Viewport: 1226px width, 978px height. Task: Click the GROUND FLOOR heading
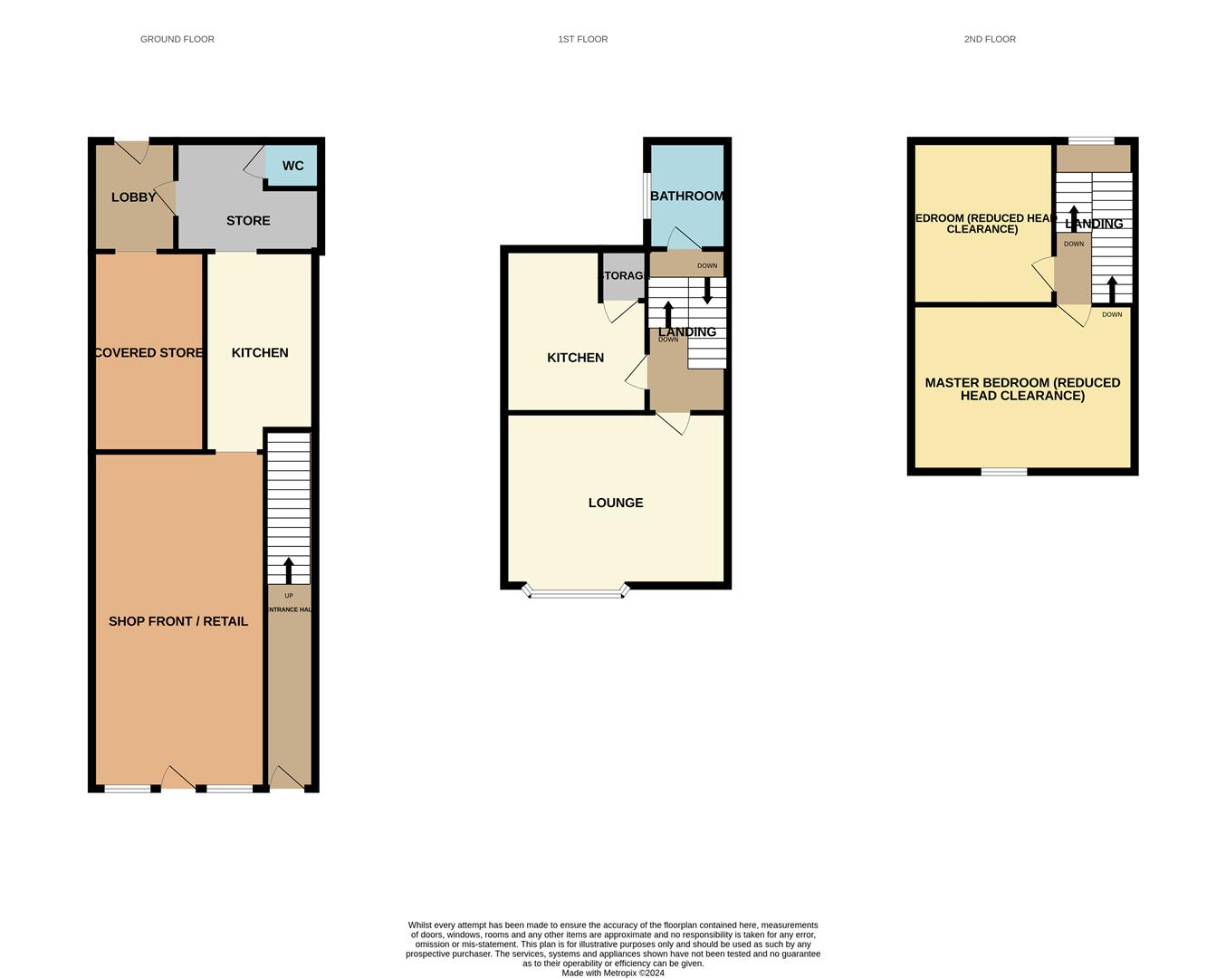[x=177, y=39]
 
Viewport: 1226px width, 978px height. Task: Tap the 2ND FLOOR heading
[x=989, y=39]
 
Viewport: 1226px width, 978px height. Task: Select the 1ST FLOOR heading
[x=582, y=39]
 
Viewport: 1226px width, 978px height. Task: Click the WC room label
[x=292, y=166]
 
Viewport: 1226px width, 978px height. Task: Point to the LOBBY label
[x=133, y=197]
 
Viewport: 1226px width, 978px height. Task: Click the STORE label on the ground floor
[x=248, y=221]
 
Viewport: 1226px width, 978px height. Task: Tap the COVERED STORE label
[x=148, y=352]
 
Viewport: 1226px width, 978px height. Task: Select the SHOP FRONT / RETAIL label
[x=178, y=621]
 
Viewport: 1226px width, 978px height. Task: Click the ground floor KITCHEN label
[x=260, y=352]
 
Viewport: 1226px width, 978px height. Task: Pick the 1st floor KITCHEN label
[x=575, y=358]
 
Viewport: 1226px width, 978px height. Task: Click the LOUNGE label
[x=616, y=503]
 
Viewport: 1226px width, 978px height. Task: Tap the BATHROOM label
[x=686, y=196]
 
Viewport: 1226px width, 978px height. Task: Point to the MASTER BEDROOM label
[x=1022, y=388]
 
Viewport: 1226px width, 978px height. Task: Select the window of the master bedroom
[x=1004, y=471]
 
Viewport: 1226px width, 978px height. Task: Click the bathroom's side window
[x=647, y=195]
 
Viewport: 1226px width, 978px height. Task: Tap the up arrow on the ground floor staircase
[x=289, y=570]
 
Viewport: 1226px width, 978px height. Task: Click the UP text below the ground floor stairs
[x=289, y=596]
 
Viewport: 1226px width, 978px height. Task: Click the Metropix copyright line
[x=613, y=973]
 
